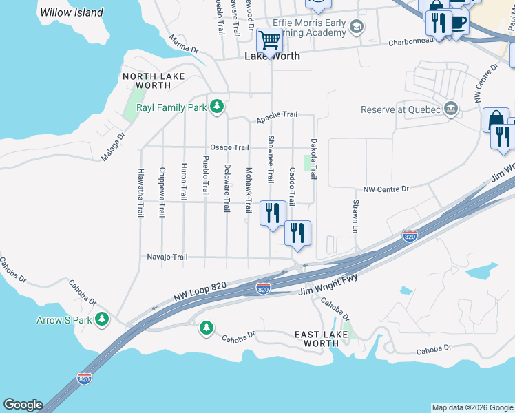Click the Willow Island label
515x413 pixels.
(72, 12)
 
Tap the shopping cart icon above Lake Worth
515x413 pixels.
(269, 40)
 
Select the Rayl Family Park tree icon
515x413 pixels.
(217, 107)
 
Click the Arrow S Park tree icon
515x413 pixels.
(102, 319)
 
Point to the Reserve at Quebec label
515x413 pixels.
(401, 109)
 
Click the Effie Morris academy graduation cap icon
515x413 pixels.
(356, 28)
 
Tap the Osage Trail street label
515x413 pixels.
(229, 147)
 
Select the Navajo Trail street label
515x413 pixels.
(167, 257)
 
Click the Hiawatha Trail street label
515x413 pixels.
(140, 193)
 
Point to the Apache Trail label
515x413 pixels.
(277, 118)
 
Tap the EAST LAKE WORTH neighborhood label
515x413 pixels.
(321, 339)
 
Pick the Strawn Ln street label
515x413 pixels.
(355, 215)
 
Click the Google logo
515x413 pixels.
(23, 405)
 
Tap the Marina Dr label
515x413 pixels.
(184, 50)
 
